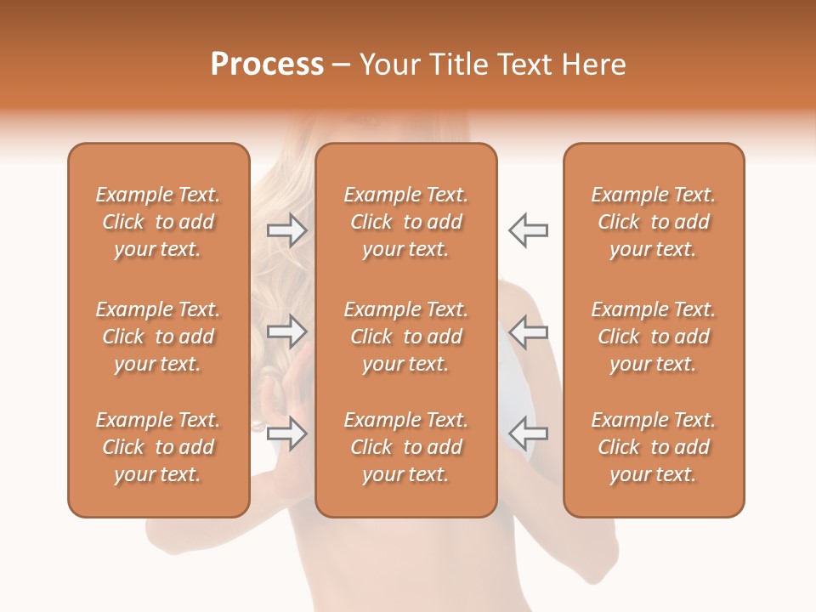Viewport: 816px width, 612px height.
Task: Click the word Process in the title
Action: click(267, 65)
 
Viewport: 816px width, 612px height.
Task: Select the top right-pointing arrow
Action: click(286, 229)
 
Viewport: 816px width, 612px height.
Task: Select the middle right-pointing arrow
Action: click(286, 331)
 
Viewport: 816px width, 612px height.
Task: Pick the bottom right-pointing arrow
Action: click(286, 433)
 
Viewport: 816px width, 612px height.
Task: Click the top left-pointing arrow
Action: click(528, 229)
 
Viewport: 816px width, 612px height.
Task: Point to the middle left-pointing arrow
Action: click(528, 331)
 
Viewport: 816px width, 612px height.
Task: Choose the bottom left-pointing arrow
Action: click(528, 433)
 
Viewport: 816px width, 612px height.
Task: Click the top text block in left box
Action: click(158, 222)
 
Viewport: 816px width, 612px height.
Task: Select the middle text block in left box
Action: click(158, 337)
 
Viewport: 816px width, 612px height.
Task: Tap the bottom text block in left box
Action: click(158, 447)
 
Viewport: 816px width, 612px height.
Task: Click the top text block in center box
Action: click(405, 222)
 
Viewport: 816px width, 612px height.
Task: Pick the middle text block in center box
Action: click(405, 337)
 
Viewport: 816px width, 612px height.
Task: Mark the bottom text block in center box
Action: click(405, 447)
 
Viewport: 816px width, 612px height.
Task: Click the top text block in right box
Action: click(653, 222)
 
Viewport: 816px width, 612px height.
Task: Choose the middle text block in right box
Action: click(653, 337)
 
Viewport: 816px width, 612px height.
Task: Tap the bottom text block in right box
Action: click(653, 447)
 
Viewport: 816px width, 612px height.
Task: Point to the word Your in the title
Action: click(388, 65)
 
